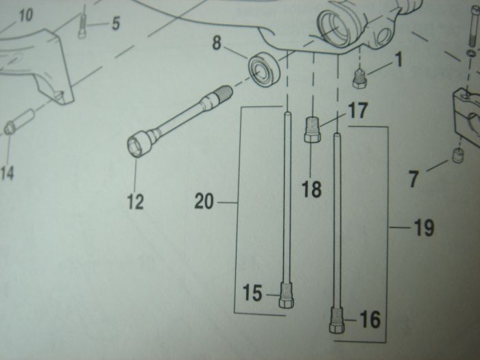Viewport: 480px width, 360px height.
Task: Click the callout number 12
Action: coord(135,202)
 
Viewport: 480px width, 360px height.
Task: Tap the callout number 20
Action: coord(204,202)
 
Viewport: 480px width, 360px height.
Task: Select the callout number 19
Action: coord(424,228)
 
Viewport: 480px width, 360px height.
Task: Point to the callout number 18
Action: coord(311,189)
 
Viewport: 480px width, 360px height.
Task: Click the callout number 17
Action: coord(357,110)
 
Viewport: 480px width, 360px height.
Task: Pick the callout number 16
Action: coord(370,320)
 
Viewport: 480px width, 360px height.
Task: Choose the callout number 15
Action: coord(252,293)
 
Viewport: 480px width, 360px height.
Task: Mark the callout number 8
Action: coord(217,43)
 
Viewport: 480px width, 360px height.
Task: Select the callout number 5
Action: coord(115,23)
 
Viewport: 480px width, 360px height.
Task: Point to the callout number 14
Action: coord(7,173)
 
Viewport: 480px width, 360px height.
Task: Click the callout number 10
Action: coord(26,15)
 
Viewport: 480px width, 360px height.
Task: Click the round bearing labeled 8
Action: coord(263,70)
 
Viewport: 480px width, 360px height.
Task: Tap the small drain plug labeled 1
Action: coord(360,79)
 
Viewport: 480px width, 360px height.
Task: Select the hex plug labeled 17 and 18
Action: coord(312,130)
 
